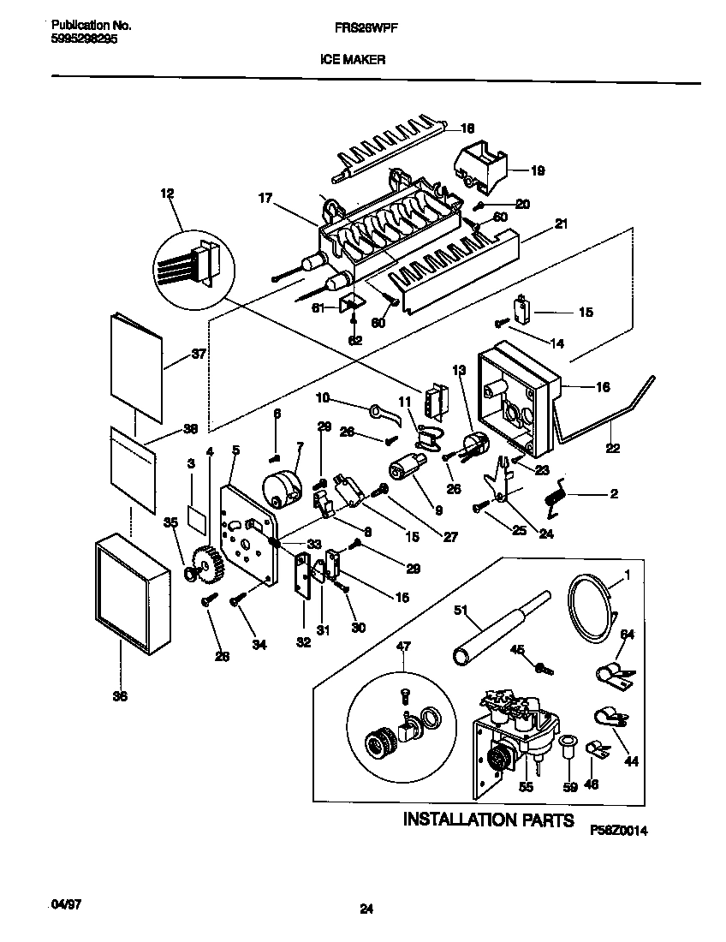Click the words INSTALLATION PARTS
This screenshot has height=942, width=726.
(488, 820)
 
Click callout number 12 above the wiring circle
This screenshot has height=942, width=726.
(167, 194)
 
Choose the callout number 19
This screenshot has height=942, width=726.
(538, 170)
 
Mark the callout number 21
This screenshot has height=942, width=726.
(561, 224)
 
